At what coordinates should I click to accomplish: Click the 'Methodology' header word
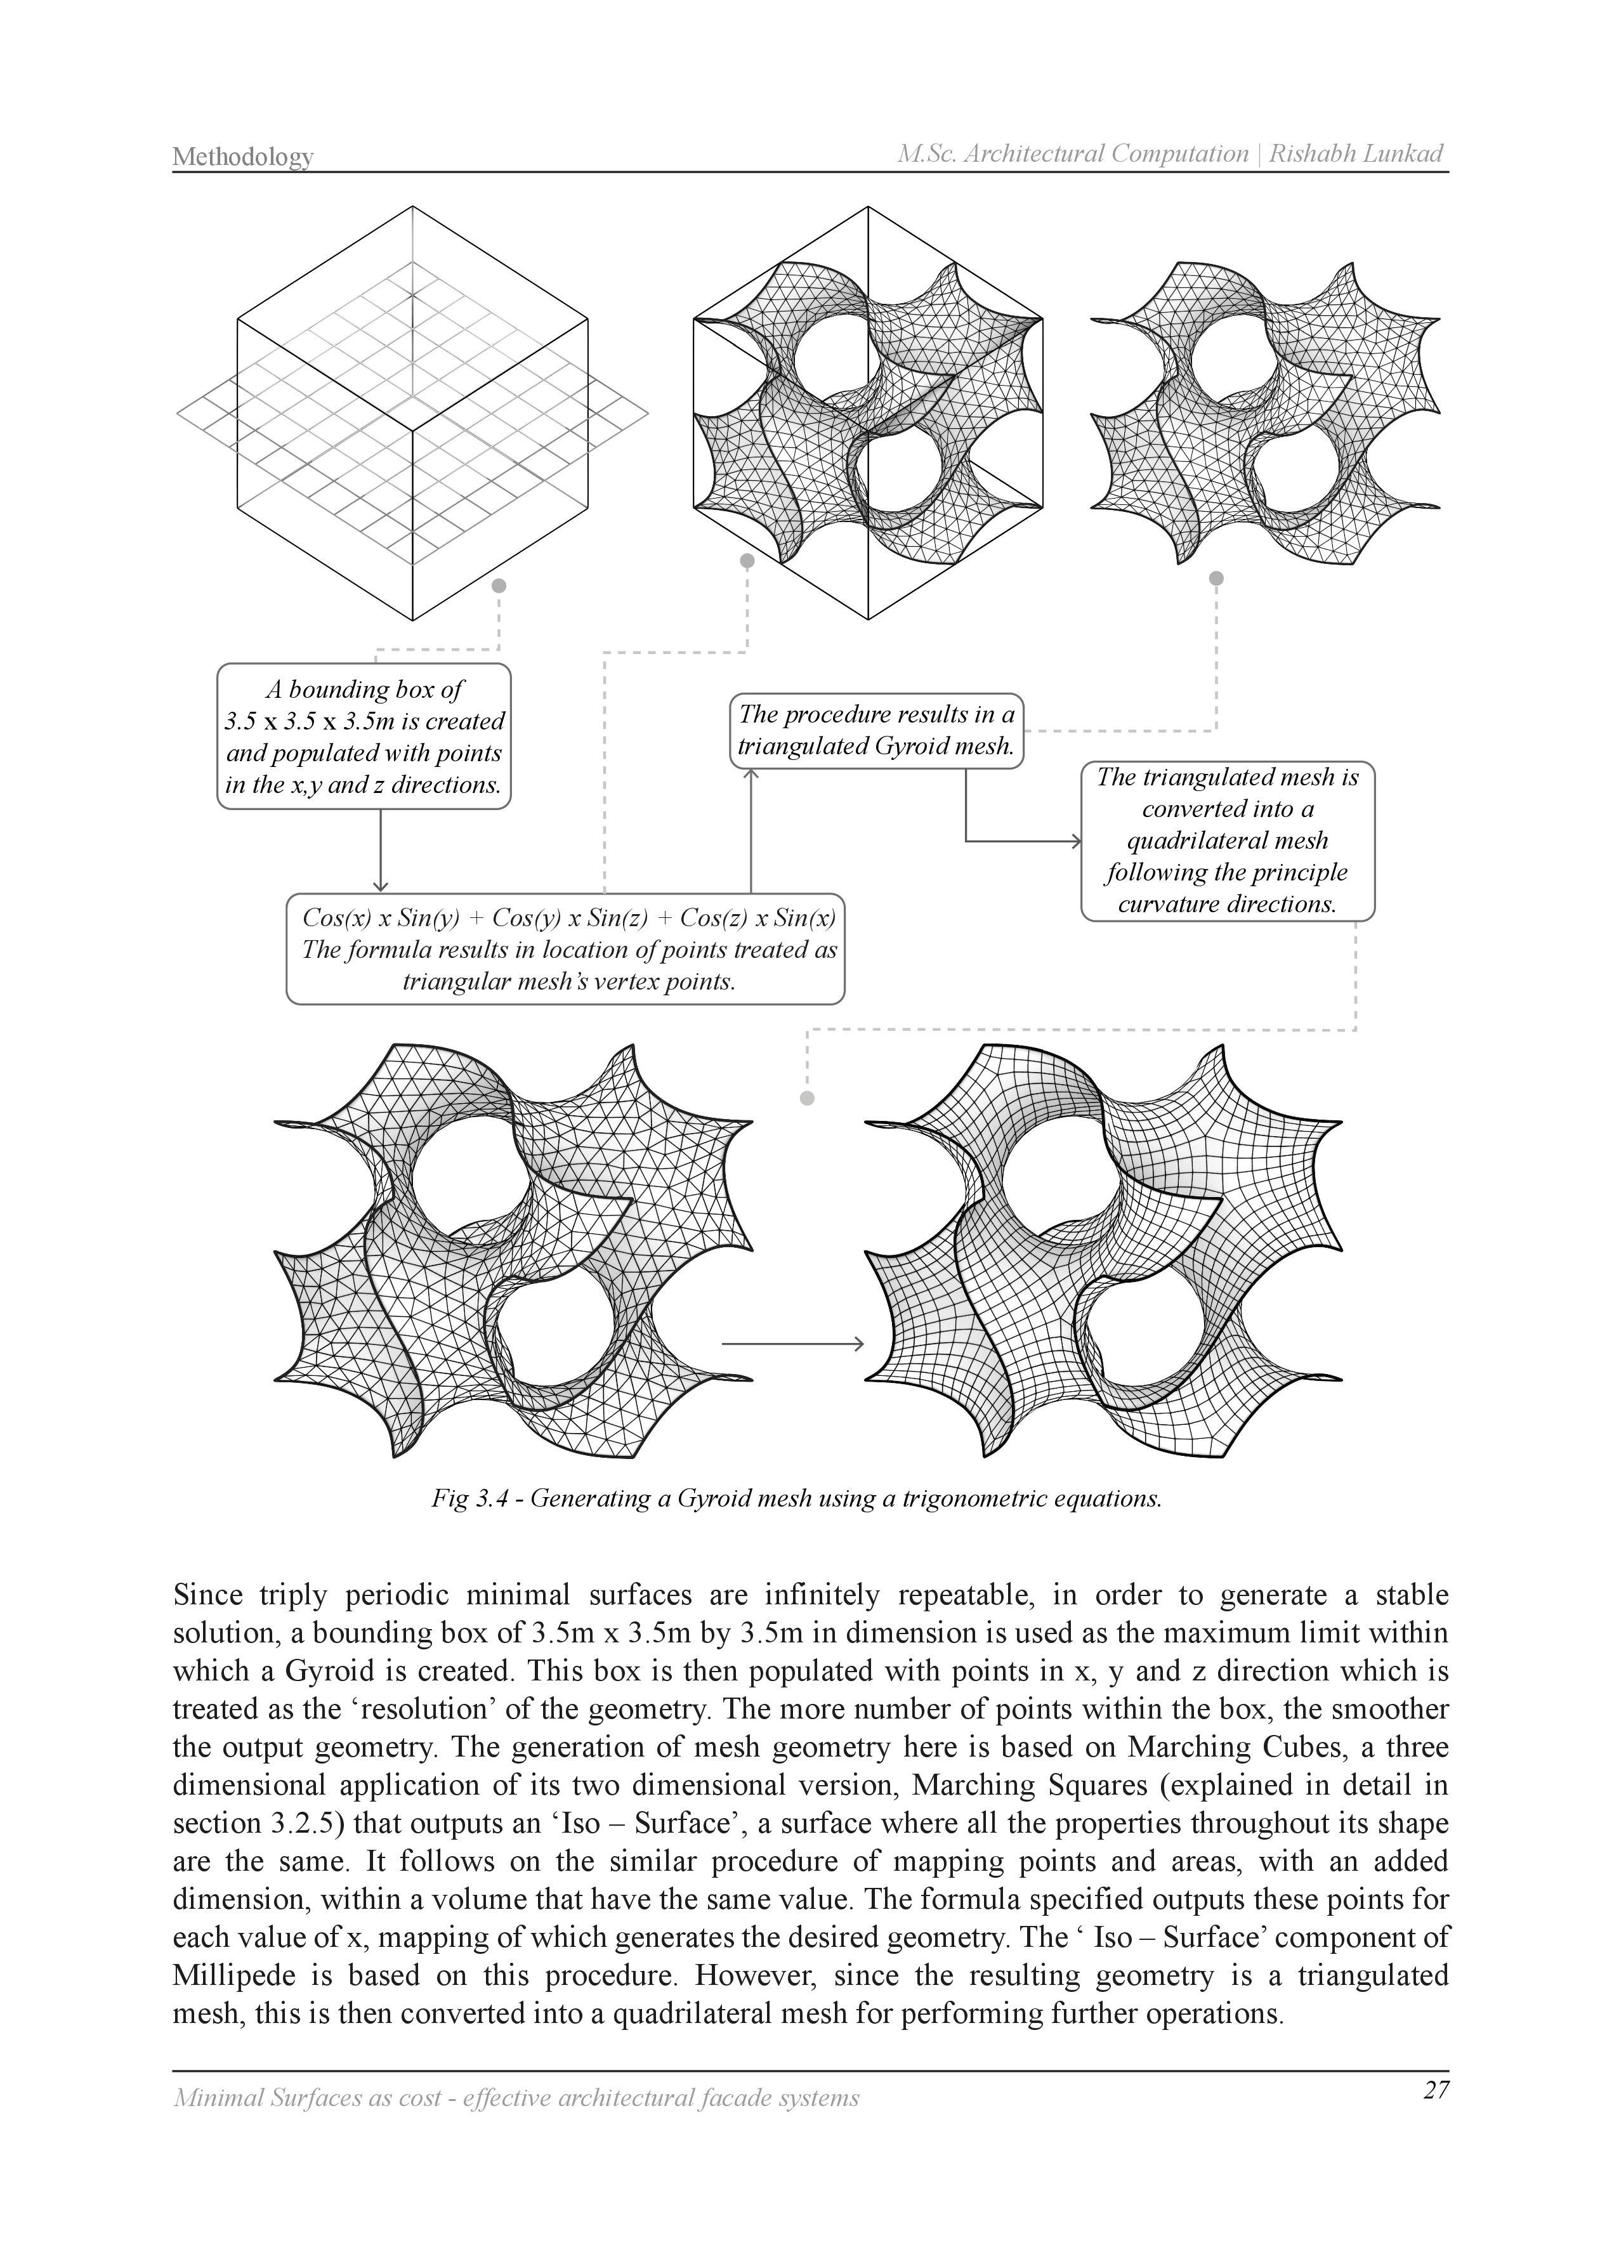click(242, 155)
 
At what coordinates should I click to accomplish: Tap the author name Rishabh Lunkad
click(1356, 153)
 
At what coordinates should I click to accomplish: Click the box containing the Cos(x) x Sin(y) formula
click(565, 948)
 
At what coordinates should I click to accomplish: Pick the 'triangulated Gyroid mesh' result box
click(876, 730)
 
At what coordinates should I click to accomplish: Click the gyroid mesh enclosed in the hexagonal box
click(867, 414)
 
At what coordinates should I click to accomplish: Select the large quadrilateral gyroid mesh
click(1103, 1251)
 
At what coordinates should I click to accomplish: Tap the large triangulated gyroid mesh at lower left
click(513, 1251)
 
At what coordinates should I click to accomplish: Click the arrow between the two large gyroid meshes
click(792, 1344)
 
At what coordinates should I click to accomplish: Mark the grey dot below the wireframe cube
click(499, 585)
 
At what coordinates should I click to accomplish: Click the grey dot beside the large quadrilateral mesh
click(808, 1097)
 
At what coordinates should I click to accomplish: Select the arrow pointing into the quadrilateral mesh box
click(1025, 841)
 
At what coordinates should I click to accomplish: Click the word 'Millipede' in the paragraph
click(228, 1975)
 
